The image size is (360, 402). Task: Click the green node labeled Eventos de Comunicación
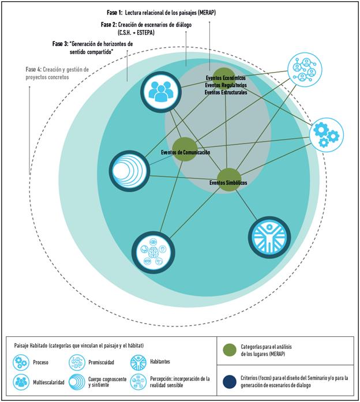(185, 149)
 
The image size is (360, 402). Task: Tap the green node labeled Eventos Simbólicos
(229, 179)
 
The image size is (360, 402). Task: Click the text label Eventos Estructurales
(226, 92)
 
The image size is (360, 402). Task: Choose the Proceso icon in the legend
(22, 362)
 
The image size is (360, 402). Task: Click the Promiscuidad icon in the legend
(76, 362)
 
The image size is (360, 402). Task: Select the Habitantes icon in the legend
(138, 362)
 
